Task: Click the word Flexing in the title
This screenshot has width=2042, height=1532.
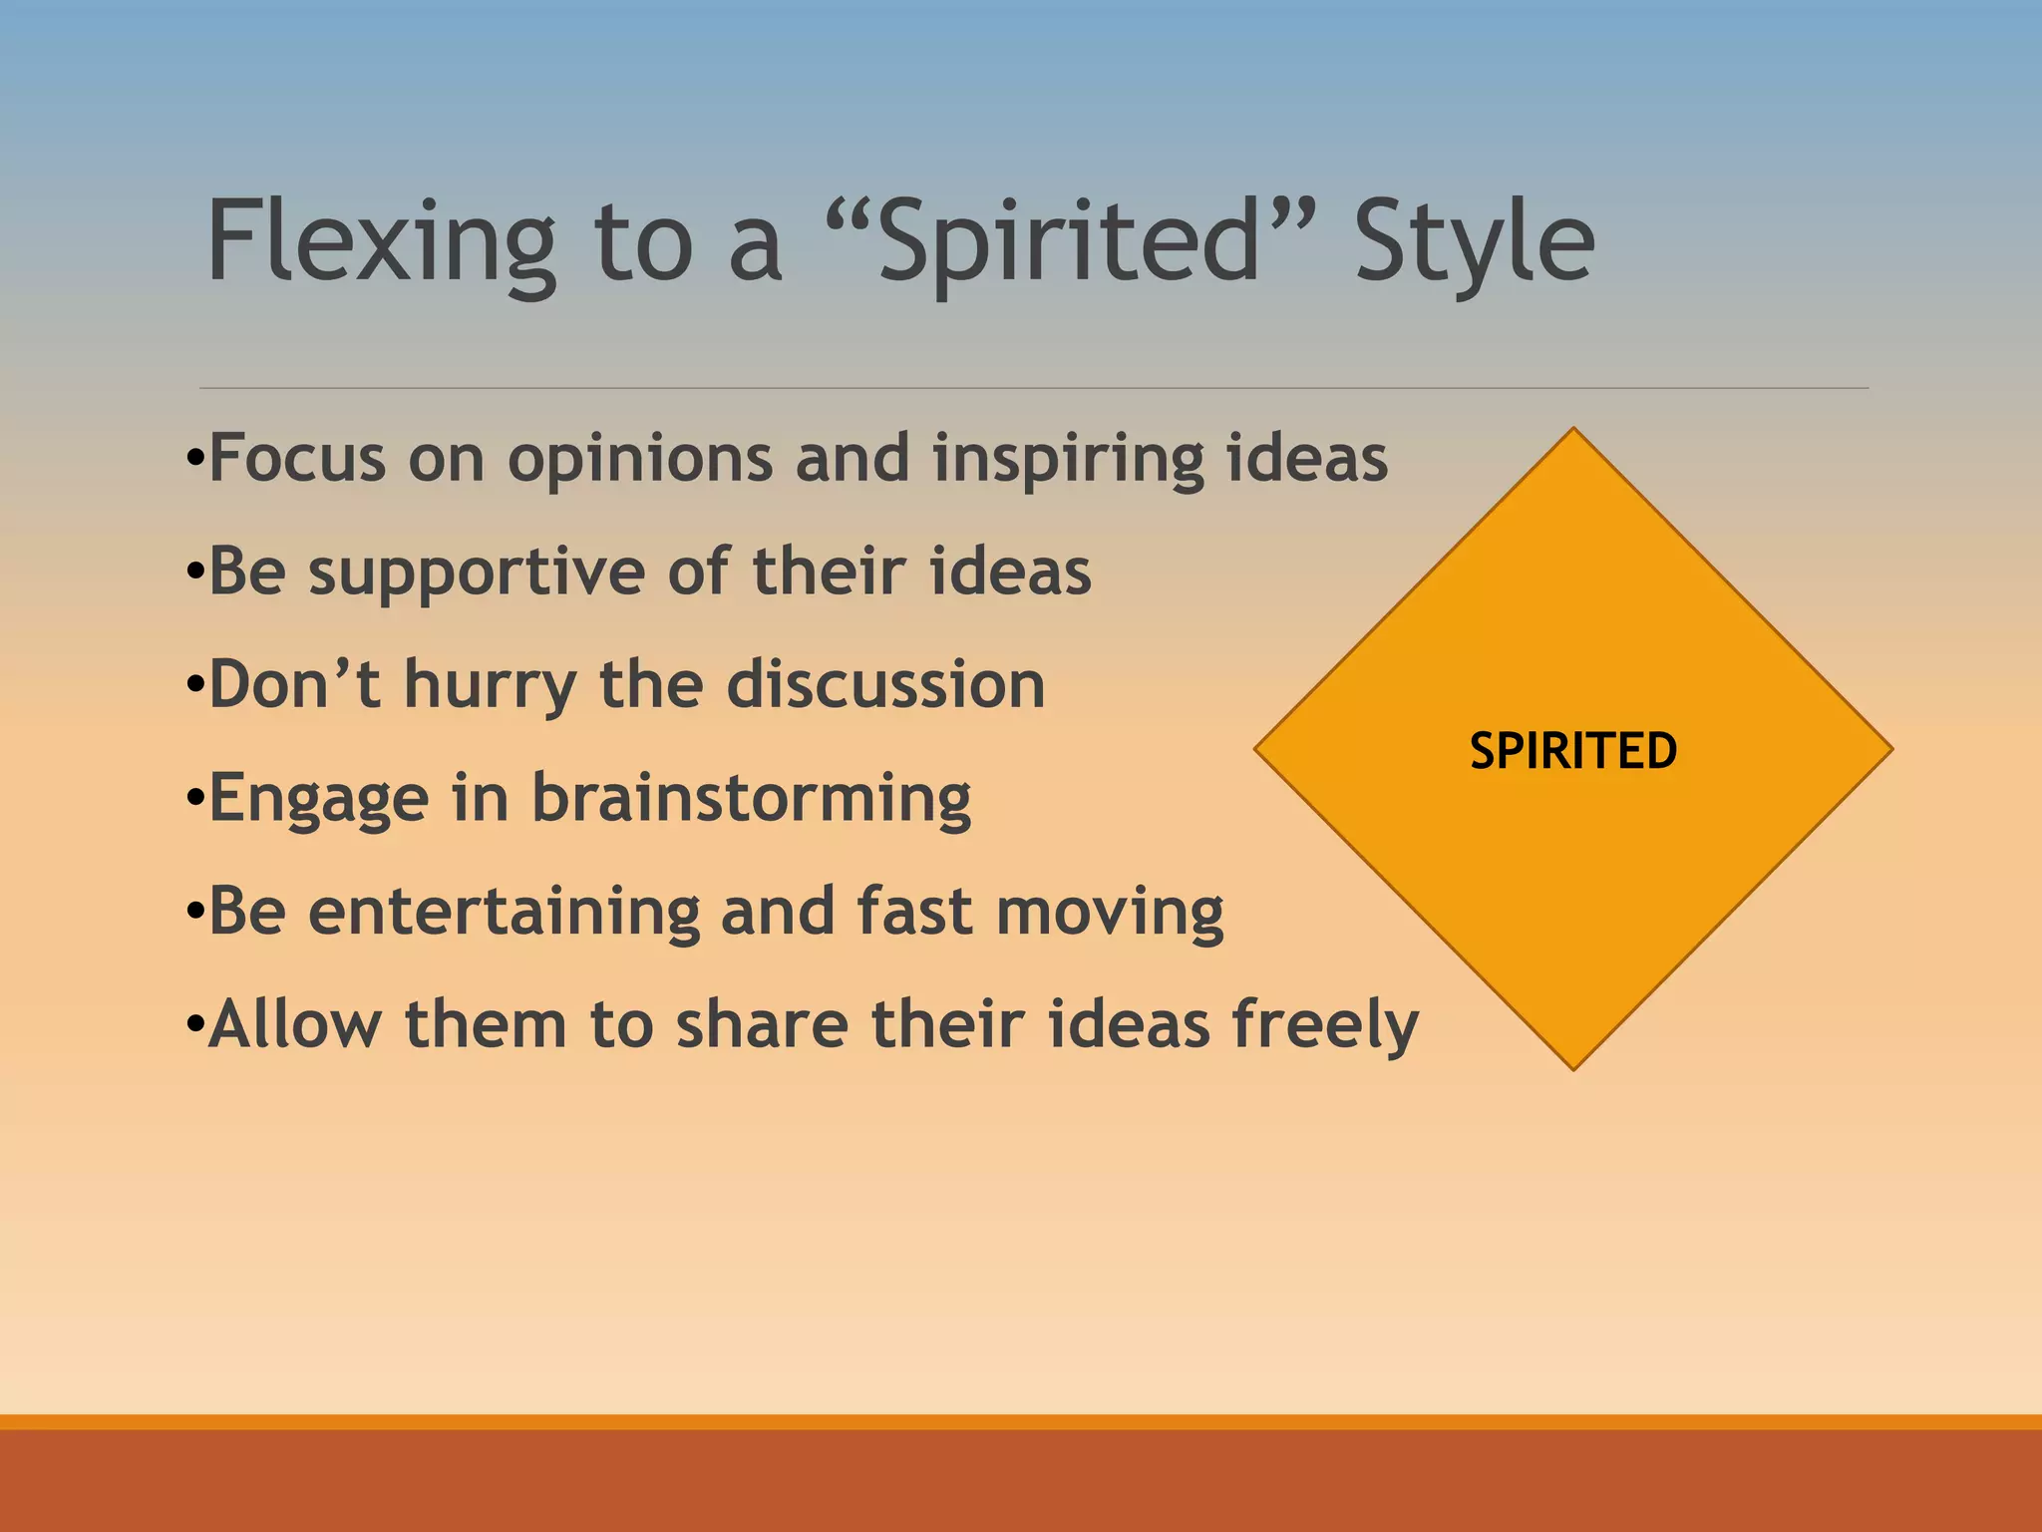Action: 380,242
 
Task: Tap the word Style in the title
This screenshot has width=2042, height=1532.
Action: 1474,242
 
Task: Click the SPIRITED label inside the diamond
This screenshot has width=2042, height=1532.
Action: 1573,751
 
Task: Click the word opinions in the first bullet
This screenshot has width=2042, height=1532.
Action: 639,460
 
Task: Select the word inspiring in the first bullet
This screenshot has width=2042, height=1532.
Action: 1066,460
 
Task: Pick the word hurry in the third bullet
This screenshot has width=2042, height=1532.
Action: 490,686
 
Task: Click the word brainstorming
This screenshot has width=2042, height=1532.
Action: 751,800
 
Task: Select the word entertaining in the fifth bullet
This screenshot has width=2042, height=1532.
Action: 503,913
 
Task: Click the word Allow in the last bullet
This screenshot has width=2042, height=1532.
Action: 295,1025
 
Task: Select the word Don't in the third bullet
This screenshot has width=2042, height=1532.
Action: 294,686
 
